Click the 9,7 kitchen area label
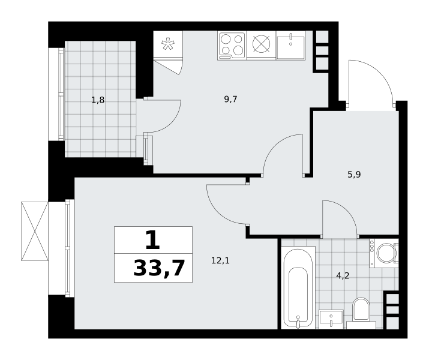pos(230,100)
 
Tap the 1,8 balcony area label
pos(98,100)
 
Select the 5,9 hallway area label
pos(355,174)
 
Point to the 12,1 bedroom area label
pos(220,260)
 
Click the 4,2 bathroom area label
pos(343,276)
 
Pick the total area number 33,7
pos(159,269)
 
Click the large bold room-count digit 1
pos(152,239)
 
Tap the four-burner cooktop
pos(232,46)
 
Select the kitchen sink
pos(290,45)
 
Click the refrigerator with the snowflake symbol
pos(168,44)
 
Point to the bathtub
pos(298,287)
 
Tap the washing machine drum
pos(386,253)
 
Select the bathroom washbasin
pos(331,319)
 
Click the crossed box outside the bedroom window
pos(35,231)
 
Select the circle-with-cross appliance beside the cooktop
pos(261,44)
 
